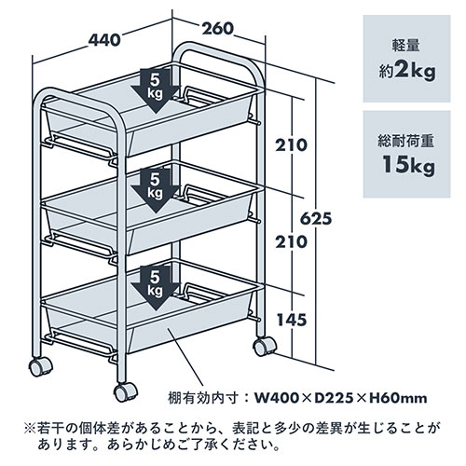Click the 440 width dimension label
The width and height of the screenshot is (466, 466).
click(x=104, y=40)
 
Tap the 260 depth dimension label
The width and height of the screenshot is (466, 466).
click(x=217, y=29)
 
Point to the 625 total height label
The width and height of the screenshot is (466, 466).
click(x=316, y=219)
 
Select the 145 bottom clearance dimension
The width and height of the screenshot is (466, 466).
click(x=292, y=320)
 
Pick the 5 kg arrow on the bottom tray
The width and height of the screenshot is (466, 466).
click(x=155, y=288)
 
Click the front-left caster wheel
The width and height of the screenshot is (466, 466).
click(x=40, y=366)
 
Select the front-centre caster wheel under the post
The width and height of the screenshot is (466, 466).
click(x=126, y=392)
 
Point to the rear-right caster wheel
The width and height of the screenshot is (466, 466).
click(x=265, y=347)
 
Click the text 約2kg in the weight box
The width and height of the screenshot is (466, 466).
click(x=406, y=72)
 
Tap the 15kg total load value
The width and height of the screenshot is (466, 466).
click(x=408, y=165)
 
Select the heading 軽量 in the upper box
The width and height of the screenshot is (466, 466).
click(x=405, y=46)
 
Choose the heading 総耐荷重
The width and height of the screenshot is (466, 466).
click(x=406, y=142)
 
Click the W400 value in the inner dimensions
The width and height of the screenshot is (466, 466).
click(x=277, y=398)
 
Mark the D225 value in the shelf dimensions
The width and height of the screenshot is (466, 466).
click(x=334, y=398)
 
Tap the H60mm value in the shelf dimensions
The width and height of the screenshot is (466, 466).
click(x=398, y=398)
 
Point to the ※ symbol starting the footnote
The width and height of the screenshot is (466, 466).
click(x=30, y=429)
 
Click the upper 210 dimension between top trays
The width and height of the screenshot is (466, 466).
click(x=291, y=145)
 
